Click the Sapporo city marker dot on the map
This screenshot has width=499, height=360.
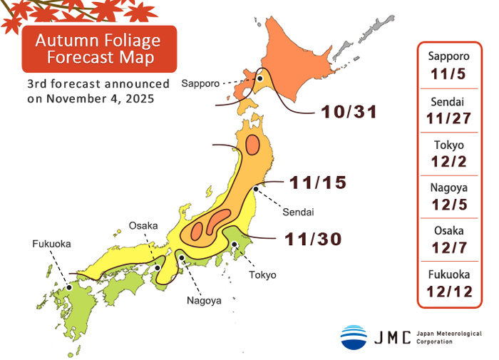(260, 79)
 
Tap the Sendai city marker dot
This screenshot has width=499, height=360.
(256, 190)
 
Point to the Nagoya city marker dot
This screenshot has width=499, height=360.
(182, 258)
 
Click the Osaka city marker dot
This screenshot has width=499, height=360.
(158, 269)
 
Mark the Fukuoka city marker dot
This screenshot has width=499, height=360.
(68, 287)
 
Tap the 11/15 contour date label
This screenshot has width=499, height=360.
(317, 182)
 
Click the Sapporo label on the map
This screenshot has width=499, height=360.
(200, 83)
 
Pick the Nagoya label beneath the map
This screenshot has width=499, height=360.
(204, 300)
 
